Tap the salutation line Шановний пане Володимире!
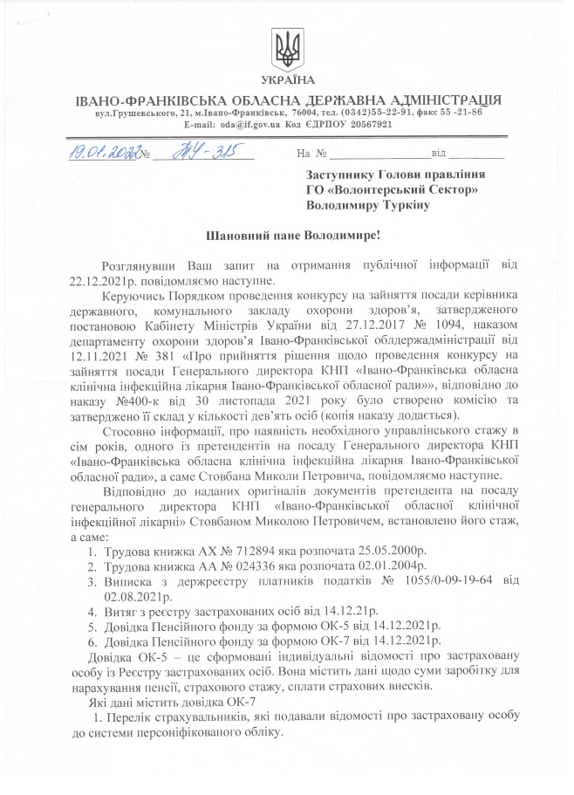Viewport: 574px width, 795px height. (285, 236)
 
